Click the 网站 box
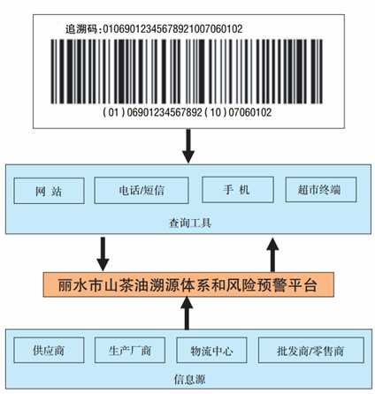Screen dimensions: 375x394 [49, 191]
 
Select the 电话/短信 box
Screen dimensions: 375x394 [142, 190]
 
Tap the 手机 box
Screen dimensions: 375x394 [238, 189]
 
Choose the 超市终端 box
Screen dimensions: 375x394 [321, 189]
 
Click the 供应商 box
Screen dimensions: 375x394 [49, 350]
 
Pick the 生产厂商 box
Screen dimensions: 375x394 [130, 350]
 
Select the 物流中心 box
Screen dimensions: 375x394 [211, 350]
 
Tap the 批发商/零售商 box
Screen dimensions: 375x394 [311, 350]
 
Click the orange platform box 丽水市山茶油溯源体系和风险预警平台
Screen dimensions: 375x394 [188, 284]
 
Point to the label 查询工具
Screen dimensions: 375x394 [190, 223]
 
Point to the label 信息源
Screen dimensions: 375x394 [189, 379]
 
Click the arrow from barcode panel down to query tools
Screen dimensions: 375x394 [188, 146]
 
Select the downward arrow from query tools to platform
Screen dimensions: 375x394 [103, 254]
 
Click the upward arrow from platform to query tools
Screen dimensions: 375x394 [272, 254]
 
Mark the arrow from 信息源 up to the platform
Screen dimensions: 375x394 [187, 313]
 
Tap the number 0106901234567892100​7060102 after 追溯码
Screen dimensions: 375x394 [172, 29]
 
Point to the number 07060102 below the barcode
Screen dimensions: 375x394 [250, 112]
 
